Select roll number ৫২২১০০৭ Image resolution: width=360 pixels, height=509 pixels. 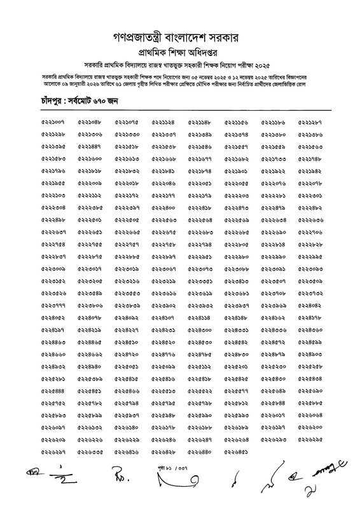tap(53, 122)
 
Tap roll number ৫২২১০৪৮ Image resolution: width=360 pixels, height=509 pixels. tap(90, 122)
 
